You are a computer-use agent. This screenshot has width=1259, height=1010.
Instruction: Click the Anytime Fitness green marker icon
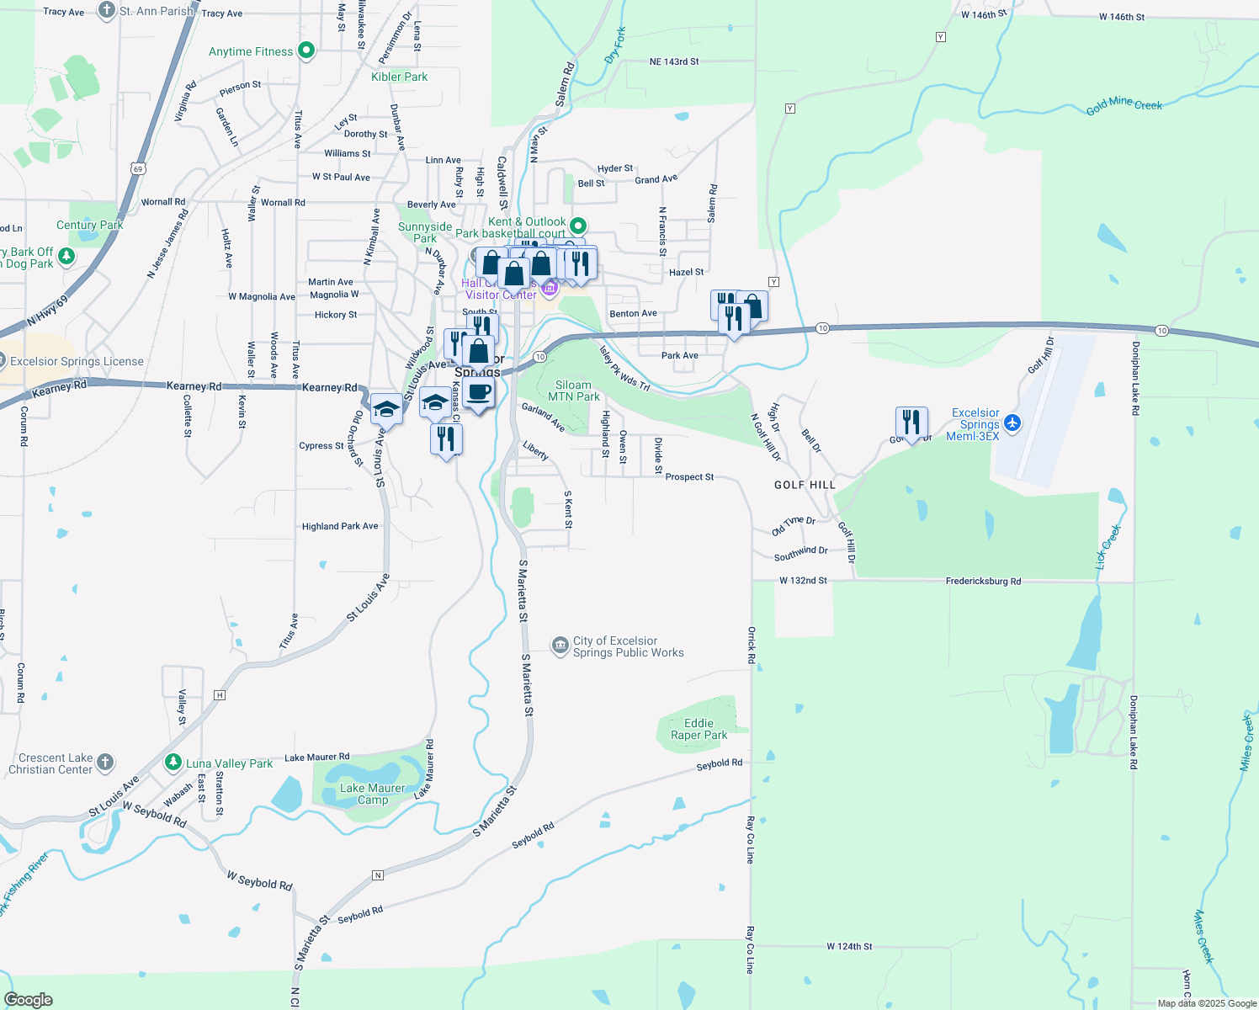click(x=306, y=50)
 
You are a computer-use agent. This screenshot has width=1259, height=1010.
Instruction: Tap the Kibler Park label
click(x=399, y=77)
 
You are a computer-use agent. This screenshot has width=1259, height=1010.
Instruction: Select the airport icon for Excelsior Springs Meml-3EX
click(x=1012, y=423)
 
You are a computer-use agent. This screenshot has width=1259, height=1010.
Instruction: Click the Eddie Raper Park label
click(x=699, y=729)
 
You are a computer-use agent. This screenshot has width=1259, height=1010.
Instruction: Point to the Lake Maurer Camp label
click(x=372, y=794)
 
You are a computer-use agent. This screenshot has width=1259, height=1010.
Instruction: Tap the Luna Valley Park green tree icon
click(x=173, y=763)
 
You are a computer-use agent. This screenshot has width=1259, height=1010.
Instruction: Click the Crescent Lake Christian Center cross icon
click(x=105, y=763)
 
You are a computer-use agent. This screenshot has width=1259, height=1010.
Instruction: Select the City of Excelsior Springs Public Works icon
click(x=560, y=646)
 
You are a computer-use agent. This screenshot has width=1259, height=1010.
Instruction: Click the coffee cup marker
click(x=478, y=392)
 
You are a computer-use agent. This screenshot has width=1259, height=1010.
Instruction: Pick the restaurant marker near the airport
click(x=911, y=422)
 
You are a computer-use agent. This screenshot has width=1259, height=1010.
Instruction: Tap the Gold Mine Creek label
click(x=1124, y=106)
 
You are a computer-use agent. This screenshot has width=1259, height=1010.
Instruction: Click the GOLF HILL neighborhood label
click(x=805, y=485)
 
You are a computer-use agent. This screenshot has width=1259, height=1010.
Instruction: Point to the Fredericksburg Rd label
click(x=982, y=581)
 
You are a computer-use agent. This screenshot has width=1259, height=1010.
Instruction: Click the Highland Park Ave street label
click(x=340, y=526)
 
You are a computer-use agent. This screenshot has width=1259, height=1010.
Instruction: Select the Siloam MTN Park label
click(x=574, y=391)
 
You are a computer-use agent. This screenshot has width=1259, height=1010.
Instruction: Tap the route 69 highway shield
click(x=138, y=168)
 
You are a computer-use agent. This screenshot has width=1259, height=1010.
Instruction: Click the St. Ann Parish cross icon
click(x=106, y=10)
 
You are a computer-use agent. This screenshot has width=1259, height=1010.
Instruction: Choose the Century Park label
click(x=89, y=225)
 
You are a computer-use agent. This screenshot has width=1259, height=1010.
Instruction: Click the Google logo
click(x=29, y=1000)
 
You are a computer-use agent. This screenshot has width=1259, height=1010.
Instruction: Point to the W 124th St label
click(x=849, y=946)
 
